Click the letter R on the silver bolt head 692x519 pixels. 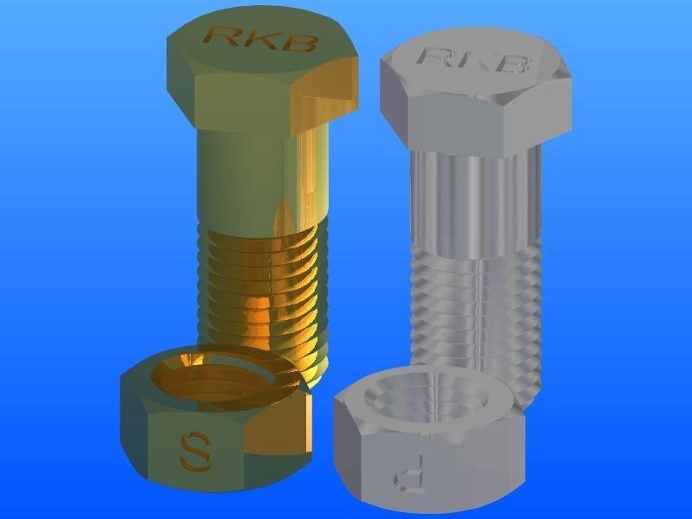432,55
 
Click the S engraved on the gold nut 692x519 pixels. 194,451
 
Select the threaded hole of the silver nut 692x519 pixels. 428,400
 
